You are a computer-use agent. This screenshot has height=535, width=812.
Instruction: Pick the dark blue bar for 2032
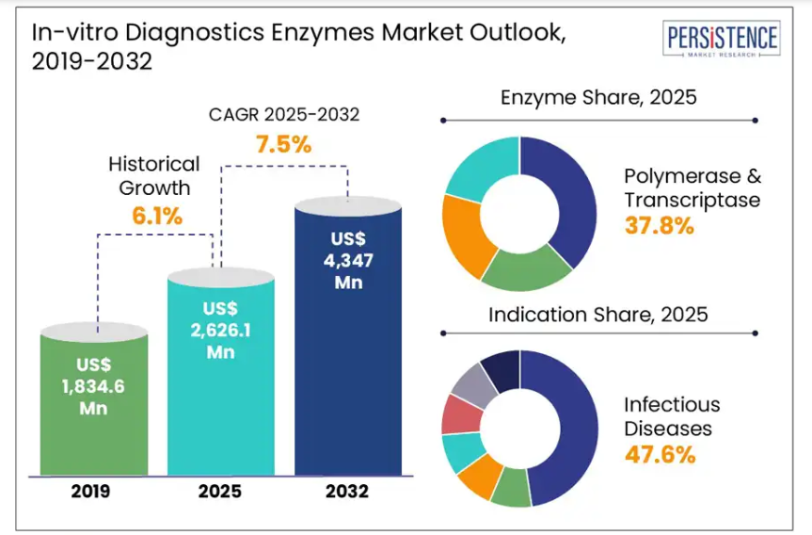(347, 339)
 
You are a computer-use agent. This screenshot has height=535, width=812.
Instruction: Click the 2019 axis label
(92, 492)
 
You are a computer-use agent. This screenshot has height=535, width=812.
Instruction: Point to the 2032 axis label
(347, 492)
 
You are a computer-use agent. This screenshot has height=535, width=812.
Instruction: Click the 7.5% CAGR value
(283, 145)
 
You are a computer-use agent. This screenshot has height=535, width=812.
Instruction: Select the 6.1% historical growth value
(157, 216)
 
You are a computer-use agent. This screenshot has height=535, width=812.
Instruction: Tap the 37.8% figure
(660, 226)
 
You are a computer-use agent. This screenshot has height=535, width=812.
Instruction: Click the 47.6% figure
(660, 455)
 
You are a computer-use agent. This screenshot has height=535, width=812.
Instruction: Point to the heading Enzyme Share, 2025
(598, 97)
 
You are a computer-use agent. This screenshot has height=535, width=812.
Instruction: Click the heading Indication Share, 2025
(597, 314)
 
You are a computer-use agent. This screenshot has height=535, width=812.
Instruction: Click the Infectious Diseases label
(672, 416)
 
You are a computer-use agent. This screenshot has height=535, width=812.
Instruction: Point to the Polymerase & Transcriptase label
(692, 187)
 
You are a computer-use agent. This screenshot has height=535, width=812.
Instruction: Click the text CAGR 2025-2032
(283, 115)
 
